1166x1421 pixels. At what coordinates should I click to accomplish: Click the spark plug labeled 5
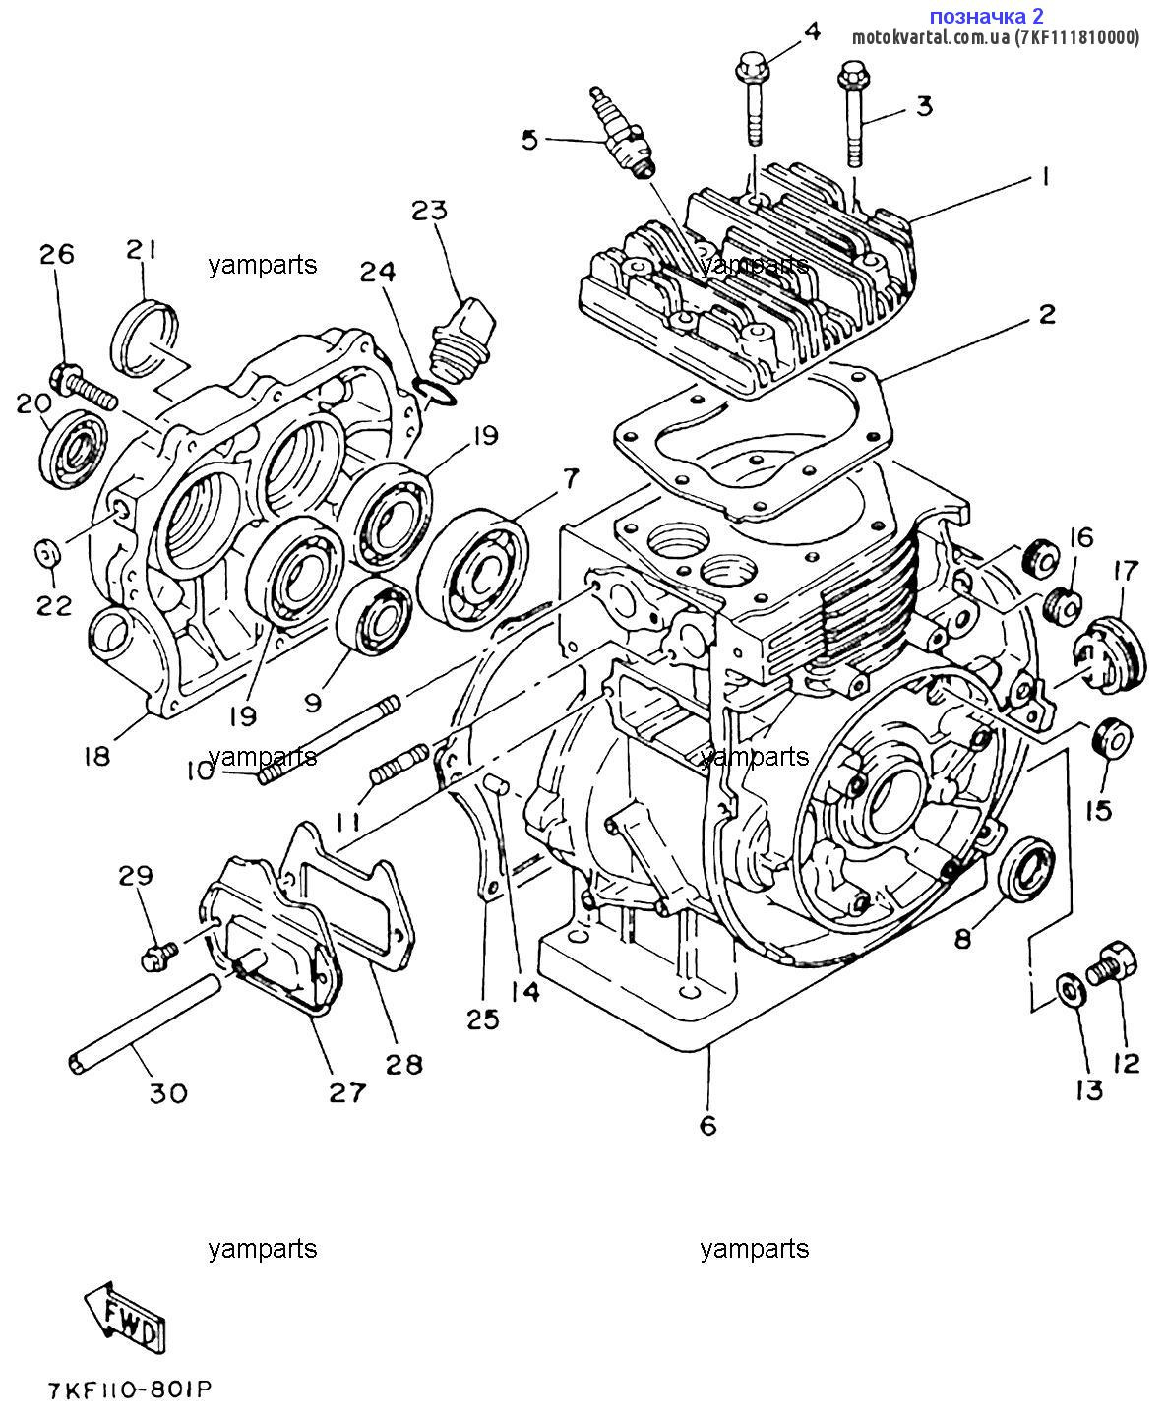pos(620,136)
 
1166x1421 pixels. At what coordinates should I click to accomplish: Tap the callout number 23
pos(429,210)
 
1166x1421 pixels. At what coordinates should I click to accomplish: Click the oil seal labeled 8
pos(1025,867)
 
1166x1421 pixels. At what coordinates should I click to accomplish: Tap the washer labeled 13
pos(1071,989)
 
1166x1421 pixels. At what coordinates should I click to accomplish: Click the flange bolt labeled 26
pos(83,384)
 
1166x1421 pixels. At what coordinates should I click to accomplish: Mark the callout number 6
pos(707,1125)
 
